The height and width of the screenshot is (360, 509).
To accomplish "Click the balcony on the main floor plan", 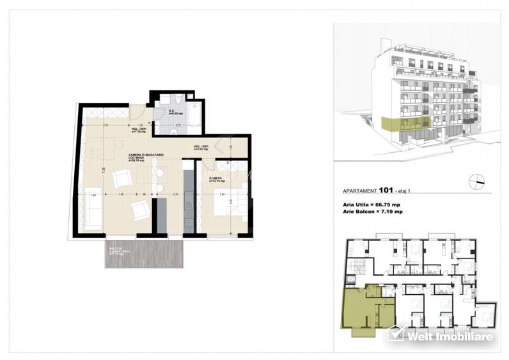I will [144, 254].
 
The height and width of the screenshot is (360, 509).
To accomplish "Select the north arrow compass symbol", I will [476, 182].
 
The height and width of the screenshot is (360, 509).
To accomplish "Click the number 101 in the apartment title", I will [386, 189].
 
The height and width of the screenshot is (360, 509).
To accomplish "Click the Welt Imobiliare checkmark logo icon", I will [395, 333].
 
